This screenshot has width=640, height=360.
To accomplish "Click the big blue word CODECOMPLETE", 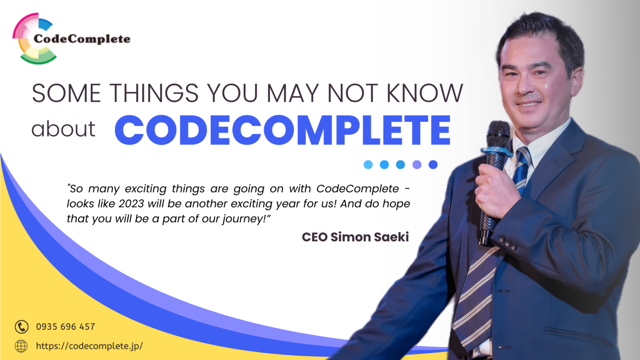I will [x=282, y=130].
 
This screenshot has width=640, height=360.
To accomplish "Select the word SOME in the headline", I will [x=66, y=93].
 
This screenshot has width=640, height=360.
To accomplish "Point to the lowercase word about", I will [x=63, y=129].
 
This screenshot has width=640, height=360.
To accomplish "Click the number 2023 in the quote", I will [x=131, y=204].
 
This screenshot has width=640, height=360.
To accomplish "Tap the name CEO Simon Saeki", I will [x=355, y=237].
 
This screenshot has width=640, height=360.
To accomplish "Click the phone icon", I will [x=22, y=327].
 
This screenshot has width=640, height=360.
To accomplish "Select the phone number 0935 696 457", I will [x=65, y=327].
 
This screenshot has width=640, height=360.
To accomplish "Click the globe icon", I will [x=21, y=346].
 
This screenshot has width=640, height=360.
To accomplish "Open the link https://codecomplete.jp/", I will [x=89, y=346].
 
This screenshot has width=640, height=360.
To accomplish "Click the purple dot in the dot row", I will [x=417, y=165].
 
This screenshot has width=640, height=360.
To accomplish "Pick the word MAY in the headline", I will [x=292, y=93].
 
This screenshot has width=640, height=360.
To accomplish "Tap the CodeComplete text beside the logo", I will [x=82, y=39].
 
